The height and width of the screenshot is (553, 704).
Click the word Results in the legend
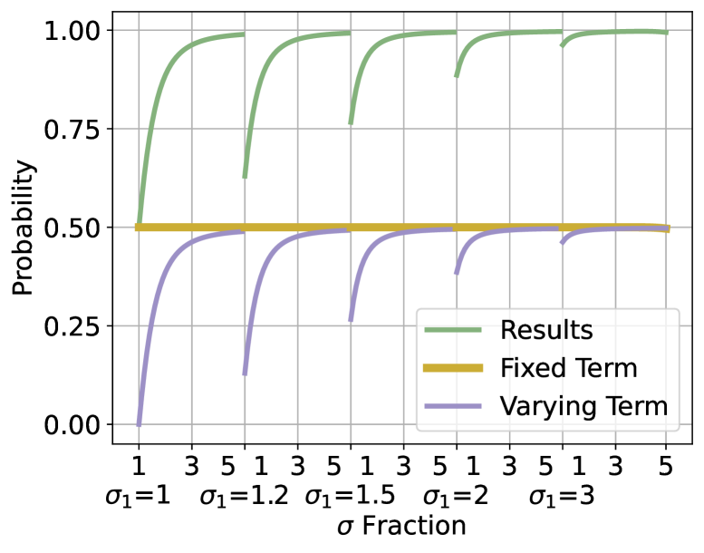click(x=545, y=331)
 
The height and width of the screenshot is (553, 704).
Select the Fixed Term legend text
click(x=568, y=369)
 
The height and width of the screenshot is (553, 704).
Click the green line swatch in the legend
click(x=453, y=331)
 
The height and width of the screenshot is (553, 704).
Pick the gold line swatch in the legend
click(x=453, y=369)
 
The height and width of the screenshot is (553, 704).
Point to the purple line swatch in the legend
click(x=453, y=407)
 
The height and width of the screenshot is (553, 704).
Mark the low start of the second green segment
click(x=245, y=177)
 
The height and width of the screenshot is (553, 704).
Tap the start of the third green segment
click(x=351, y=123)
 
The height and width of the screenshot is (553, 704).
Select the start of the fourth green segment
click(x=456, y=76)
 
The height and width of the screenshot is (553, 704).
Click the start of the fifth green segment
click(x=562, y=46)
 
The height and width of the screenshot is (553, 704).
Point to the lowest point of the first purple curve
click(x=139, y=423)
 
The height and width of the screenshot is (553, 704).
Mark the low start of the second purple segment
click(x=245, y=374)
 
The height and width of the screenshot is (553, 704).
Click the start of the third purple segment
click(x=351, y=321)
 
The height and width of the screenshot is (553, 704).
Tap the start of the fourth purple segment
click(x=456, y=273)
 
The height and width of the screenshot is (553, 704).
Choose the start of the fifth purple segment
click(x=562, y=243)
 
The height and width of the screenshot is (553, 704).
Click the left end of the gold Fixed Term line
click(x=137, y=228)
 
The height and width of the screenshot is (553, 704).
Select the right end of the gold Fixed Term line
click(x=668, y=228)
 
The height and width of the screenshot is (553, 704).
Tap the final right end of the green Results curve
click(x=666, y=33)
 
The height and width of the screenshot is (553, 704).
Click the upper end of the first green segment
click(x=243, y=34)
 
